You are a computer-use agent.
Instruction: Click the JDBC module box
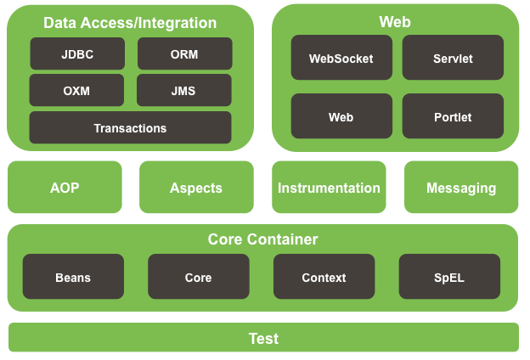point(77,53)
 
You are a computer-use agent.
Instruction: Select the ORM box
point(185,53)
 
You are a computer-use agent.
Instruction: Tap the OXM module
point(76,90)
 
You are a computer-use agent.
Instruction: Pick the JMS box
point(184,90)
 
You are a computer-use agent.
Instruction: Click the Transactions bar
point(131,127)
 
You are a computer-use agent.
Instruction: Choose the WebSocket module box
point(341,58)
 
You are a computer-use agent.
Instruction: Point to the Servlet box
point(453,58)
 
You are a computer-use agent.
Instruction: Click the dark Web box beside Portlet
point(341,116)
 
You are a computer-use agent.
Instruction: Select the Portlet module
point(453,116)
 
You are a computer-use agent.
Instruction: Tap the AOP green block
point(65,187)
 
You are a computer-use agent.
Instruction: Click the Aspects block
point(196,187)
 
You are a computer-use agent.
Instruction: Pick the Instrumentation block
point(329,187)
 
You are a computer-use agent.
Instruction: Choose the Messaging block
point(461,187)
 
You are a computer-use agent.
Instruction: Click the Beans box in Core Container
point(73,277)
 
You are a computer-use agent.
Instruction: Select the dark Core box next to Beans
point(199,277)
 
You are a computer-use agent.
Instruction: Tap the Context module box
point(324,277)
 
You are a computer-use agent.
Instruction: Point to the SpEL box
point(449,277)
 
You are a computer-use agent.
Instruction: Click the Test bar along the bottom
point(263,337)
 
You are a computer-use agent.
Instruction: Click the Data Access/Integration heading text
point(130,23)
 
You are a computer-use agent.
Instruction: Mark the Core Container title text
point(263,239)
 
